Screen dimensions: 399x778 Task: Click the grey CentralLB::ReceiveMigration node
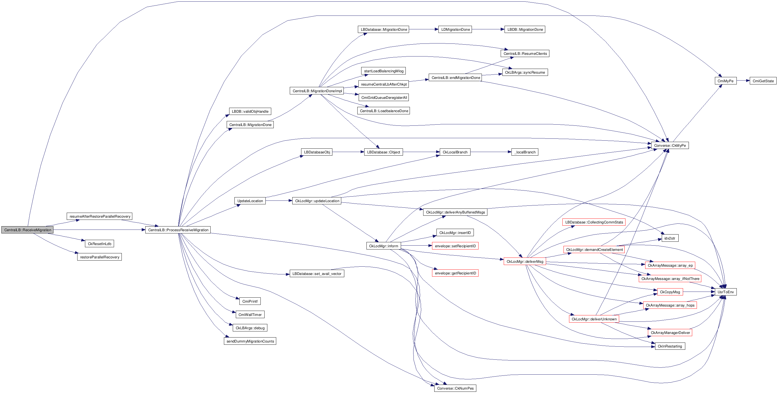coord(27,230)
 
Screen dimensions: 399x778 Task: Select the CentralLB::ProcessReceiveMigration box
coord(178,230)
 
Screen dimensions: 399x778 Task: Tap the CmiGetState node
coord(763,81)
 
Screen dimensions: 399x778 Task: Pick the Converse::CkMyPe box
coord(670,146)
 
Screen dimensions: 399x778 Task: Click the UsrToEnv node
coord(725,292)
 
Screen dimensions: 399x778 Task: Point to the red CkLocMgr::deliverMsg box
coord(524,262)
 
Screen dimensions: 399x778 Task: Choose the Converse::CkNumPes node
coord(455,388)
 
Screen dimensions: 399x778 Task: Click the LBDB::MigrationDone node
coord(525,30)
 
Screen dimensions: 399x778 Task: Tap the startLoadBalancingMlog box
coord(384,71)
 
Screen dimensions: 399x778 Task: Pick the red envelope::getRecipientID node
coord(455,273)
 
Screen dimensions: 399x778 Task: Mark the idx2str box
coord(670,238)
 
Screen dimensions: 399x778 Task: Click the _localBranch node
coord(525,152)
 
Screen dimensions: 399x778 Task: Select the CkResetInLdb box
coord(99,244)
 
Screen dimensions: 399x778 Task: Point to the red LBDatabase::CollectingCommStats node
coord(594,222)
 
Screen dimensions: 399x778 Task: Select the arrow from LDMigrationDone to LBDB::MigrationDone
coord(488,29)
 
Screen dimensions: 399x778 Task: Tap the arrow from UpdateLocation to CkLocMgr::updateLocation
coord(279,200)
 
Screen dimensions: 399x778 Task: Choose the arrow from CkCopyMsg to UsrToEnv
coord(699,292)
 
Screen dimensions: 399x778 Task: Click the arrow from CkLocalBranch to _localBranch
coord(491,152)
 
